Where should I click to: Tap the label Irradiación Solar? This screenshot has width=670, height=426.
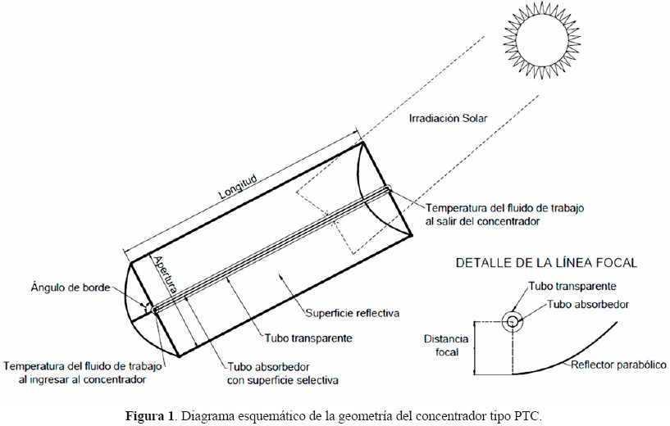[x=448, y=118]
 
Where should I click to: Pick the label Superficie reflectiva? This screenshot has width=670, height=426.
[x=352, y=313]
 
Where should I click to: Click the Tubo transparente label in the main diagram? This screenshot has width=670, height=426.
[x=308, y=338]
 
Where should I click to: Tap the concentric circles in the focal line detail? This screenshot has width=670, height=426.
[x=513, y=321]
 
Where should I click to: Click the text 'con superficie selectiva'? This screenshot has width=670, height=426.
[x=282, y=380]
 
